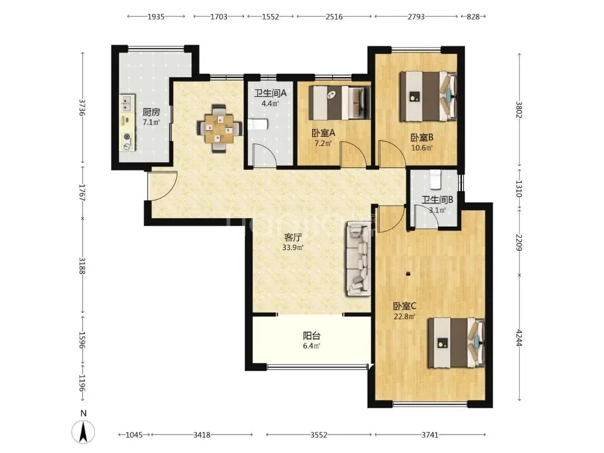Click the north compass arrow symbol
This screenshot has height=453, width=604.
pos(83,431)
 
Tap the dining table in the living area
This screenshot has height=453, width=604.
pos(220,128)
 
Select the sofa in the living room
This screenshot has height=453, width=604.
pos(358,258)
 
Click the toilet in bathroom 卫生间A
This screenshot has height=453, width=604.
pos(258,124)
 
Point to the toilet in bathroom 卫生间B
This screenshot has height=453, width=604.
pos(435,180)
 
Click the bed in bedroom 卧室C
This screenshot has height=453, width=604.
pos(456,342)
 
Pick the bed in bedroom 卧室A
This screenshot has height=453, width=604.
pos(339,102)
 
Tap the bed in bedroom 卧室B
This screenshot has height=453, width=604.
pos(428,96)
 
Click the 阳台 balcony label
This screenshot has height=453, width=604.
pos(312,336)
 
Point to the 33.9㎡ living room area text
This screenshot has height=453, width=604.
pos(292,248)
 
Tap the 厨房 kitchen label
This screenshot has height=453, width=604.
pos(151,112)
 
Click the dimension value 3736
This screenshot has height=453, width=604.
pos(82,107)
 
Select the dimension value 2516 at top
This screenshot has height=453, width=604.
pos(334,17)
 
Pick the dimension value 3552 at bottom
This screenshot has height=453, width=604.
pos(319,435)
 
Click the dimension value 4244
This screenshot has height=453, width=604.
pos(519,338)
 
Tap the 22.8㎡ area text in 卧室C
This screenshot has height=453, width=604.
pos(404,317)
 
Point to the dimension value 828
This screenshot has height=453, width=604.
pos(474,17)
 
